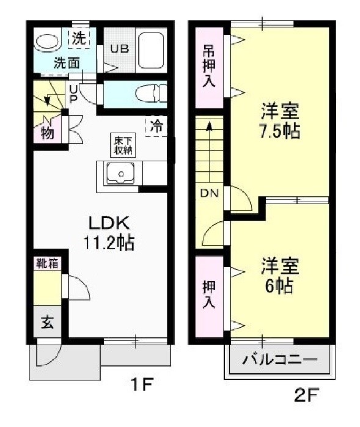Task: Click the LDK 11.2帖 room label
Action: click(x=108, y=232)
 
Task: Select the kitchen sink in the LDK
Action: click(x=120, y=173)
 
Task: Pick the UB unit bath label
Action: click(x=119, y=49)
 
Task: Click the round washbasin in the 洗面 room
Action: click(x=46, y=42)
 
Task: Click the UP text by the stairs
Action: click(x=73, y=94)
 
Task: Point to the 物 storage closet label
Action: click(x=47, y=133)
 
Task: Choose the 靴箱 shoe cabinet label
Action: click(x=46, y=264)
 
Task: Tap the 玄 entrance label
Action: click(x=47, y=323)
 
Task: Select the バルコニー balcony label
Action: click(x=280, y=359)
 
